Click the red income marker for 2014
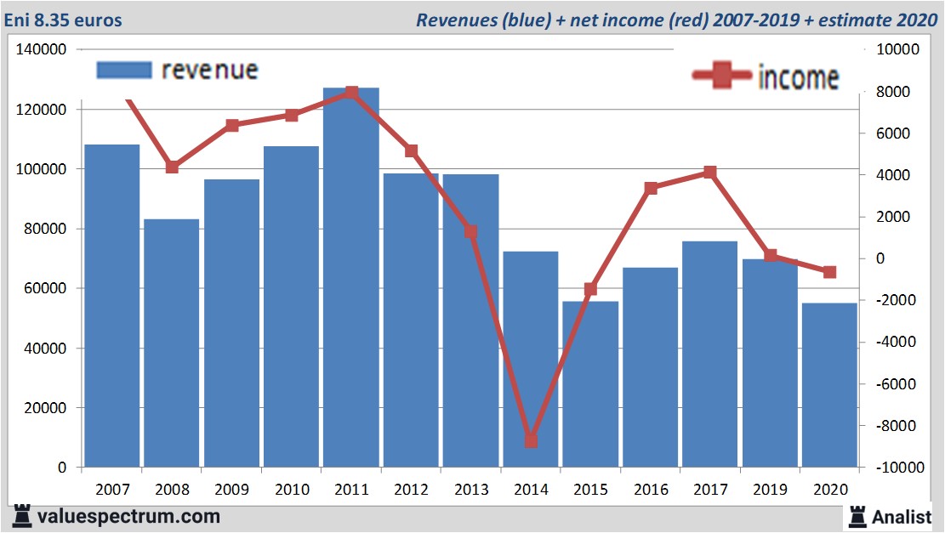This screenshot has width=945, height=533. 531,440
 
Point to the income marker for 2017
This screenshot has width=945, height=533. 710,173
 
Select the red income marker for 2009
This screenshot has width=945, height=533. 231,125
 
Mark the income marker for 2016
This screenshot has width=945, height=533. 651,188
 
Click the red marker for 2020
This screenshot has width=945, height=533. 829,272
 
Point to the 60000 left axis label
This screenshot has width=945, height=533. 46,289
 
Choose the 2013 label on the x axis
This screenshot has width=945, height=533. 471,489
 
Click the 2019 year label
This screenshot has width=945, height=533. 770,489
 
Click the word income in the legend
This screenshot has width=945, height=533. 798,77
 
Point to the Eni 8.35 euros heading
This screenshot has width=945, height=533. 63,20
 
